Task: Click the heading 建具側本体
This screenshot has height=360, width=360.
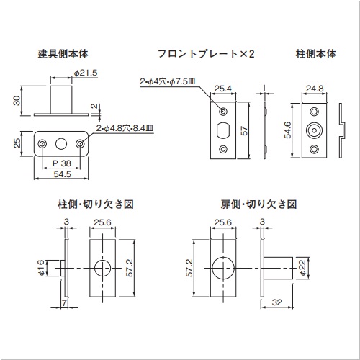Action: [x=63, y=54]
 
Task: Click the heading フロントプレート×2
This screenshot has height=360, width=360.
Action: [x=206, y=54]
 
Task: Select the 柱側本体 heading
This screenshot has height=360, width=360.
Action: [x=316, y=54]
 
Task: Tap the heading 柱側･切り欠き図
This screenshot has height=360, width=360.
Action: [x=96, y=204]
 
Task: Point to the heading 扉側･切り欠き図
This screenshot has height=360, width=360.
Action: [x=258, y=204]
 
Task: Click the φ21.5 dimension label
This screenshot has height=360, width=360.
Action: [x=86, y=73]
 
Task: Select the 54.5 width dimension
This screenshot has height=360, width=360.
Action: [x=62, y=174]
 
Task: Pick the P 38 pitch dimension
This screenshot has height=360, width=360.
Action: [x=62, y=163]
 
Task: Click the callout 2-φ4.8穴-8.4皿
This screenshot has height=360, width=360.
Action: [x=125, y=128]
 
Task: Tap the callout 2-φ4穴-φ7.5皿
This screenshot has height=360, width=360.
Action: [x=168, y=81]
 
